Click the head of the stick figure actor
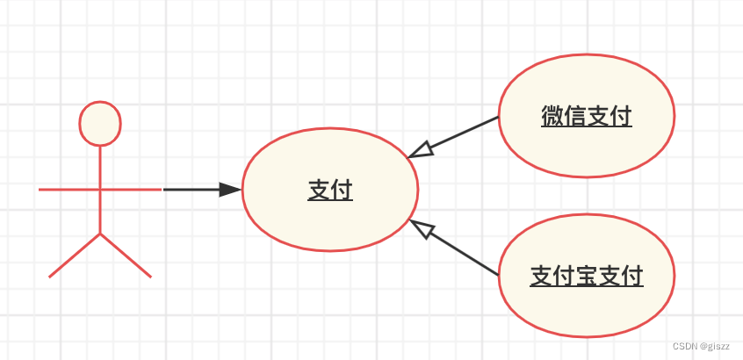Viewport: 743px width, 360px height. coord(100,123)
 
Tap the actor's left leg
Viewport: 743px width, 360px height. coord(75,256)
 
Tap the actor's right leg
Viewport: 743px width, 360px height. coord(126,256)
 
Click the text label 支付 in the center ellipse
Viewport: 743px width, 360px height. coord(330,190)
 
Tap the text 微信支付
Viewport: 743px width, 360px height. coord(587,117)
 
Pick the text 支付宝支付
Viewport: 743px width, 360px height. coord(587,277)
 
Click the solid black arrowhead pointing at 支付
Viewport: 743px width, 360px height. coord(230,189)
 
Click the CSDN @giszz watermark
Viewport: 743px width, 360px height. coord(702,346)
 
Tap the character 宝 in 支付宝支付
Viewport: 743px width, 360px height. coord(587,277)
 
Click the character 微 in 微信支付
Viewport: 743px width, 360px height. coord(552,117)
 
